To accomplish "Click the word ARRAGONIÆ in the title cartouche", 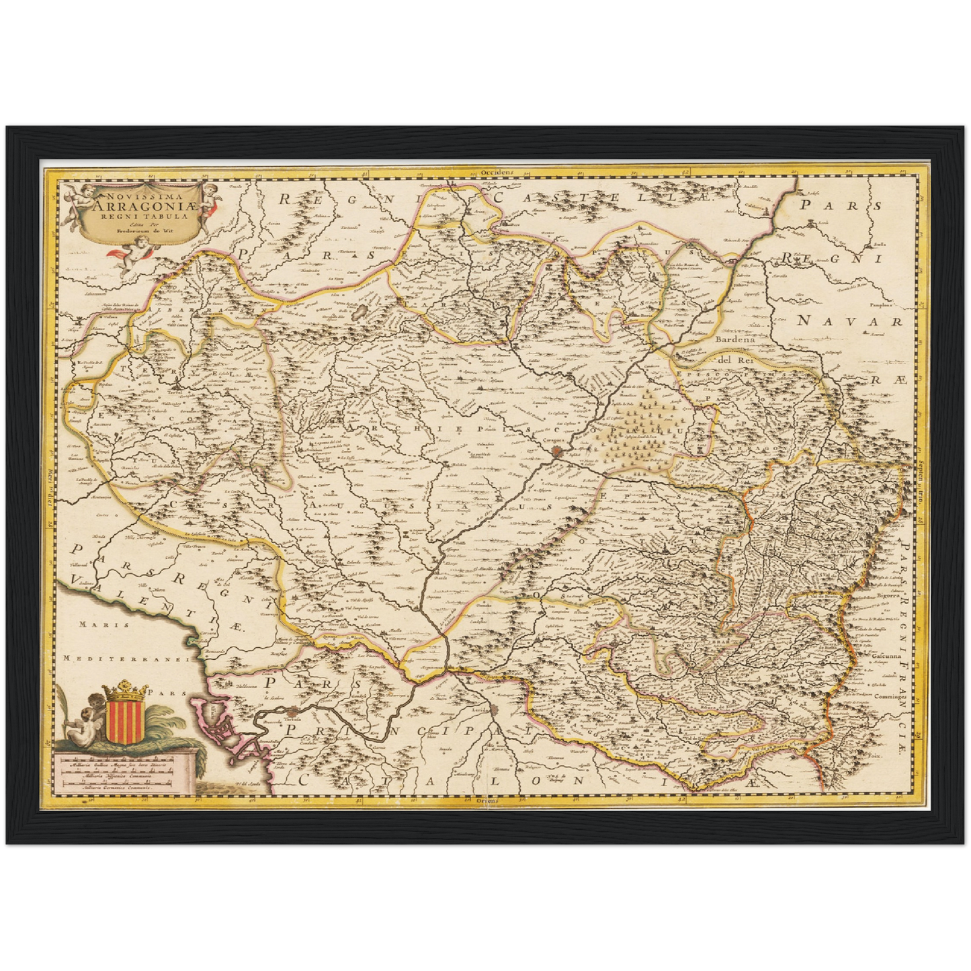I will click(145, 207).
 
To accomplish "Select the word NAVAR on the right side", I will click(850, 322).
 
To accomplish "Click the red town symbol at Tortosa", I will click(292, 712).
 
